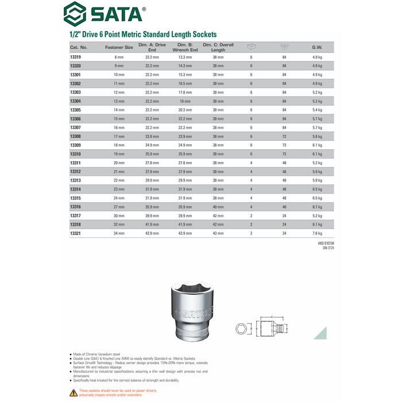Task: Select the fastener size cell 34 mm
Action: tap(119, 233)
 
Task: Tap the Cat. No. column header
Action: tap(79, 47)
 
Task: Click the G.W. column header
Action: tap(317, 47)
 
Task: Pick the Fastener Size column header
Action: tap(119, 47)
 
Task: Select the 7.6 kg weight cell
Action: tap(317, 233)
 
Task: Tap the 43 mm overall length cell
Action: tap(218, 233)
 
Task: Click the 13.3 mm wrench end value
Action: tap(184, 57)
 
